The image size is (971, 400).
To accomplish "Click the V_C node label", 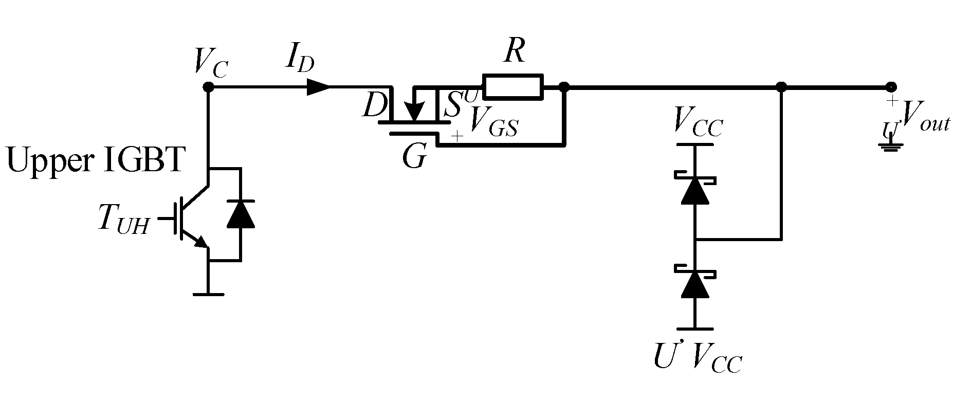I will tap(211, 63).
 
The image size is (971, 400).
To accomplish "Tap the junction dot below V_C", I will tap(208, 87).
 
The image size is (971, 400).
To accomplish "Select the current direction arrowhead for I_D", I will tap(319, 87).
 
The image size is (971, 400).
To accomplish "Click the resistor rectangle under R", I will tap(512, 86).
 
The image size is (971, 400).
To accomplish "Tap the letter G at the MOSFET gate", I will tap(414, 157).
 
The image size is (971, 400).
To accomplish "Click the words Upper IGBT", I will tap(95, 160).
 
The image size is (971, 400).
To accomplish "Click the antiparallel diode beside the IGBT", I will tap(241, 214).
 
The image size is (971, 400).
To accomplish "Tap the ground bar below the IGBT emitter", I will tap(208, 295).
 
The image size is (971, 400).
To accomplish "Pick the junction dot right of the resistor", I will tap(564, 87).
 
